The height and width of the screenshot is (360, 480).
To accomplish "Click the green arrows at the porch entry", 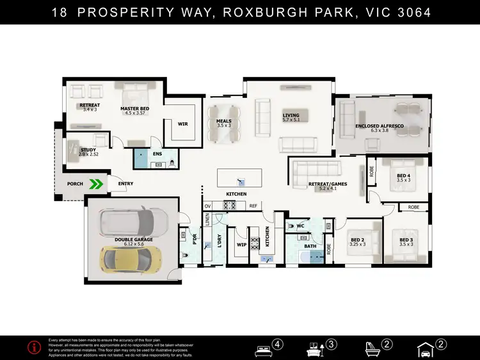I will pos(96,184).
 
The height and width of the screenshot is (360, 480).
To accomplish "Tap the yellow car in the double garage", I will pos(126,259).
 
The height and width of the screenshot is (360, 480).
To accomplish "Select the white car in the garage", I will pos(132,222).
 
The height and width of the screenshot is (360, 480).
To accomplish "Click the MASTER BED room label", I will pos(134,109).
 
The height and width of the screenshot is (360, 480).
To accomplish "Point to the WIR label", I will pos(182,124).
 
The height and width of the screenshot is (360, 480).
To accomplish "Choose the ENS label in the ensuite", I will pos(157,154).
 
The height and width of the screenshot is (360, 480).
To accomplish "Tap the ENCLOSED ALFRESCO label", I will pos(380,126).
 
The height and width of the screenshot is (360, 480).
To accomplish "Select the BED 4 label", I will pos(403,176).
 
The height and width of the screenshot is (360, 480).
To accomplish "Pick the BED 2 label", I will pos(358,240).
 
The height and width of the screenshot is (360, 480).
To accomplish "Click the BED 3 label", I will pos(406,240).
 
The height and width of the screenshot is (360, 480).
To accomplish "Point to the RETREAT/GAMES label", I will pos(327,184).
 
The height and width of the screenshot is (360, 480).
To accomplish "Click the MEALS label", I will pos(223,121).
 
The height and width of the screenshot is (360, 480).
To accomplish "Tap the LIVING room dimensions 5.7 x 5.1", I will pos(291,120).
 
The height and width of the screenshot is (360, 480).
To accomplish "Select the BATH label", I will pos(310,246).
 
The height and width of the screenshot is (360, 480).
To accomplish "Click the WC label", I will pos(300,225).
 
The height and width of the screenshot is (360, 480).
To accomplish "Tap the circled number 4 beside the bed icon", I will pos(278,344).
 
